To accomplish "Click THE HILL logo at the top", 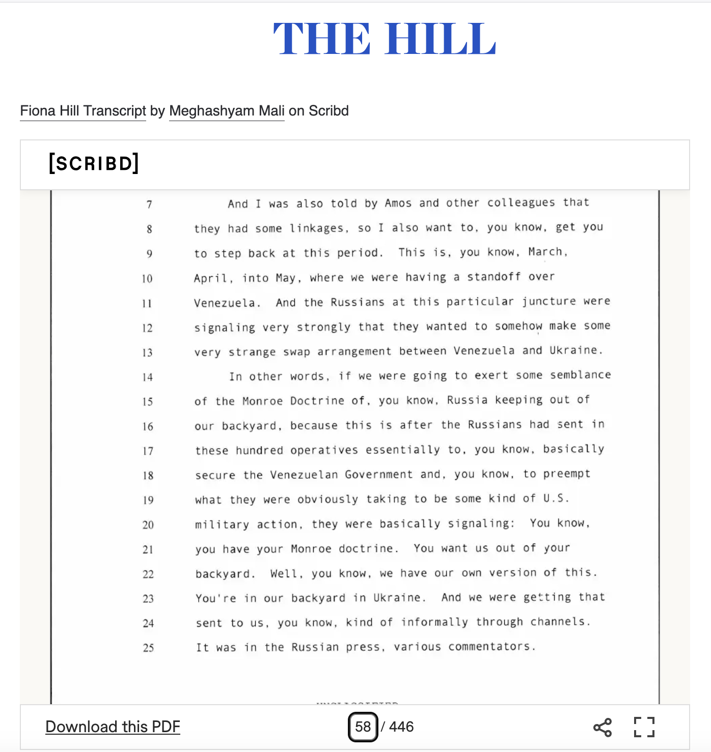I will (385, 39).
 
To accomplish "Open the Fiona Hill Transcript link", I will (83, 111).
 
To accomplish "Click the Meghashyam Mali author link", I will (227, 111).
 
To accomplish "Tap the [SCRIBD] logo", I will (94, 163).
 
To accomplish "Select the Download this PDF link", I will (113, 727).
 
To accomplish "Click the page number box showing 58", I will (363, 727).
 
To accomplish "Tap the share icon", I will (603, 727).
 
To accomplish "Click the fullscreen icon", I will (644, 727).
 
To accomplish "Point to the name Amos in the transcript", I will (398, 203).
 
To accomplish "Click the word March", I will (546, 252).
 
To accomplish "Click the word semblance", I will (580, 375).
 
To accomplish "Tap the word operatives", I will (324, 450).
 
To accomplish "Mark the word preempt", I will (566, 474).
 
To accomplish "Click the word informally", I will (434, 622).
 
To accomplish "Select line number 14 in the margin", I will (147, 377).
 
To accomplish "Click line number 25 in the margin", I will (148, 648).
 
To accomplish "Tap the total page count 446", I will (401, 727).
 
